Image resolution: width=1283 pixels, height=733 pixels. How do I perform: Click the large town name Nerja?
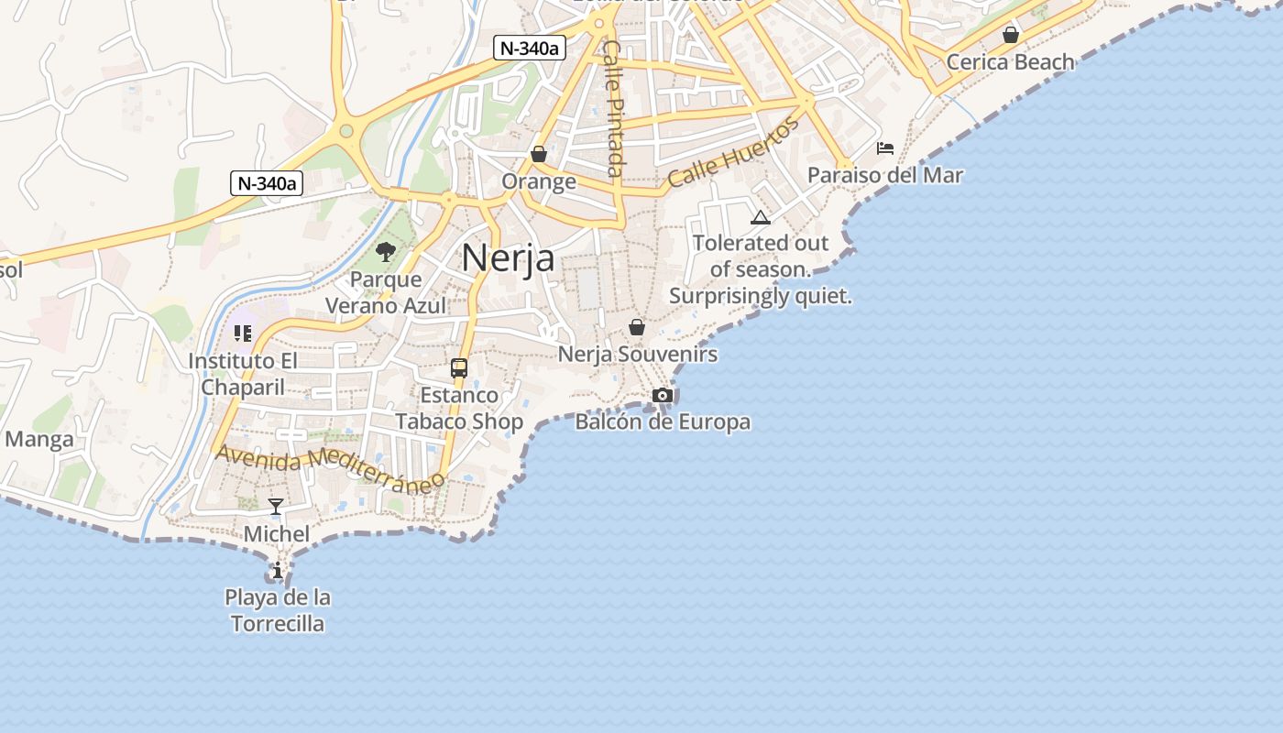[508, 257]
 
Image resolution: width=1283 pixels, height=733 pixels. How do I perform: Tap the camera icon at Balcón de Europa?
[663, 395]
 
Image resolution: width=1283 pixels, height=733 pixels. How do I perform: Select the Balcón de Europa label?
[663, 421]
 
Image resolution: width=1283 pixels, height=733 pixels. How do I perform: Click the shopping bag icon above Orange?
[539, 154]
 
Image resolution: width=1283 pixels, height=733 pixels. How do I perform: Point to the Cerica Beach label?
[1010, 61]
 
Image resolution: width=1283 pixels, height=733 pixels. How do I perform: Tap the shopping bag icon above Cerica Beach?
[1010, 35]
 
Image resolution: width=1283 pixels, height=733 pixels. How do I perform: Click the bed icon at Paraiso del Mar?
[885, 148]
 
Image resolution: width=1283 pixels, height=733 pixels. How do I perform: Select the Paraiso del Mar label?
[885, 174]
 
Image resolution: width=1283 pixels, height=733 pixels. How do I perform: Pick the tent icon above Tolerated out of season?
[760, 217]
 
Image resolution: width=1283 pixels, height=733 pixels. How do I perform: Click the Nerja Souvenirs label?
[638, 354]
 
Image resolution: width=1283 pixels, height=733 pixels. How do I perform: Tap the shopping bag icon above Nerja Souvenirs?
[637, 327]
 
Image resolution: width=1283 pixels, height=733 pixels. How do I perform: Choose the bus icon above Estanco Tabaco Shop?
[459, 368]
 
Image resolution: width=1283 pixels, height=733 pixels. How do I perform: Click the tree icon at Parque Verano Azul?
[386, 251]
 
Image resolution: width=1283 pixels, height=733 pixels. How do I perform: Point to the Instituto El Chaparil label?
[243, 374]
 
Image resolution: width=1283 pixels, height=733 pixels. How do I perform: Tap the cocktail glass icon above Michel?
[276, 507]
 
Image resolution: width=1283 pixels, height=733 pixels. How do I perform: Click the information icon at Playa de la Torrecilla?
[278, 571]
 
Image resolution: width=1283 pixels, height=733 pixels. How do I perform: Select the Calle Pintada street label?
[614, 108]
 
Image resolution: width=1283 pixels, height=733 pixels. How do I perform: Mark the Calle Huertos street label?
[733, 152]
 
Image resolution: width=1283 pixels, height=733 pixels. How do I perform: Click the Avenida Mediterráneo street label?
[331, 468]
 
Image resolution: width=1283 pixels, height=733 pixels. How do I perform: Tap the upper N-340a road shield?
[528, 48]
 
